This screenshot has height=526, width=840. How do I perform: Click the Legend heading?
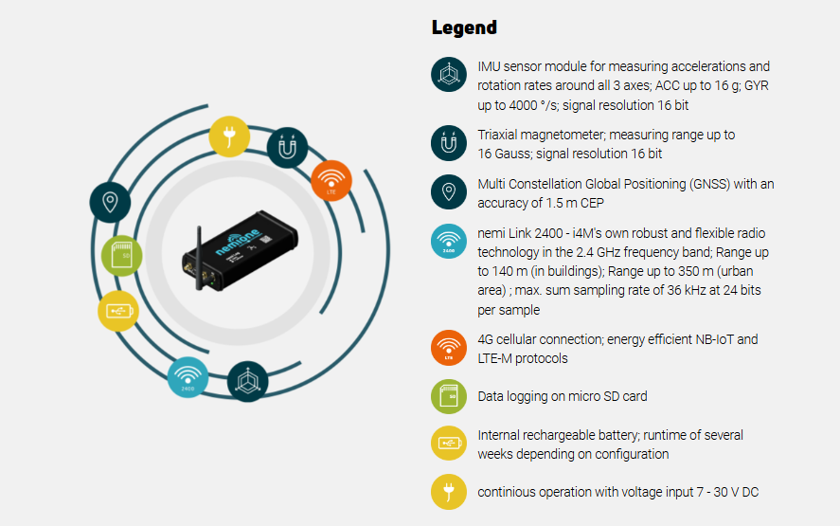pyautogui.click(x=464, y=27)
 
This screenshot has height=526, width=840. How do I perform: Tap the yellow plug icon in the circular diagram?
pyautogui.click(x=228, y=136)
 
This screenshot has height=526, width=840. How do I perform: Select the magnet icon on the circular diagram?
pyautogui.click(x=287, y=148)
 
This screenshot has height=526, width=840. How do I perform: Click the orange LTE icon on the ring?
pyautogui.click(x=331, y=180)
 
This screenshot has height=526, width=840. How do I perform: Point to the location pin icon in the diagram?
pyautogui.click(x=111, y=202)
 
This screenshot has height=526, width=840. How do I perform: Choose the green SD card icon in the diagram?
pyautogui.click(x=122, y=255)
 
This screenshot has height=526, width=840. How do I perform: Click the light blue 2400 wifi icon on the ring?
pyautogui.click(x=188, y=377)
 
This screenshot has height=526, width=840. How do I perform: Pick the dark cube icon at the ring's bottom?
pyautogui.click(x=248, y=381)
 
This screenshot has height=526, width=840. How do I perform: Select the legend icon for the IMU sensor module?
pyautogui.click(x=449, y=75)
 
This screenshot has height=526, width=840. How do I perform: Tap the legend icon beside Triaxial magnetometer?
pyautogui.click(x=449, y=143)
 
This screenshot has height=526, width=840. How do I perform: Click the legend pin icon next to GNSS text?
pyautogui.click(x=449, y=191)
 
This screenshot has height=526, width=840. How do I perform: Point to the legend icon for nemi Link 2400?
pyautogui.click(x=449, y=241)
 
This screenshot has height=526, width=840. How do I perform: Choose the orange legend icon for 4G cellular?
pyautogui.click(x=449, y=348)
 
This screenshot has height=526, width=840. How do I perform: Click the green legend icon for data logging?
pyautogui.click(x=449, y=397)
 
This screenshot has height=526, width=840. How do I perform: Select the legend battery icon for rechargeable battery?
pyautogui.click(x=449, y=444)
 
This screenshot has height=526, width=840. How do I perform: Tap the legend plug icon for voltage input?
pyautogui.click(x=449, y=491)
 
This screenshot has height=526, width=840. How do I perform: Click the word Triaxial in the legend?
pyautogui.click(x=498, y=136)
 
